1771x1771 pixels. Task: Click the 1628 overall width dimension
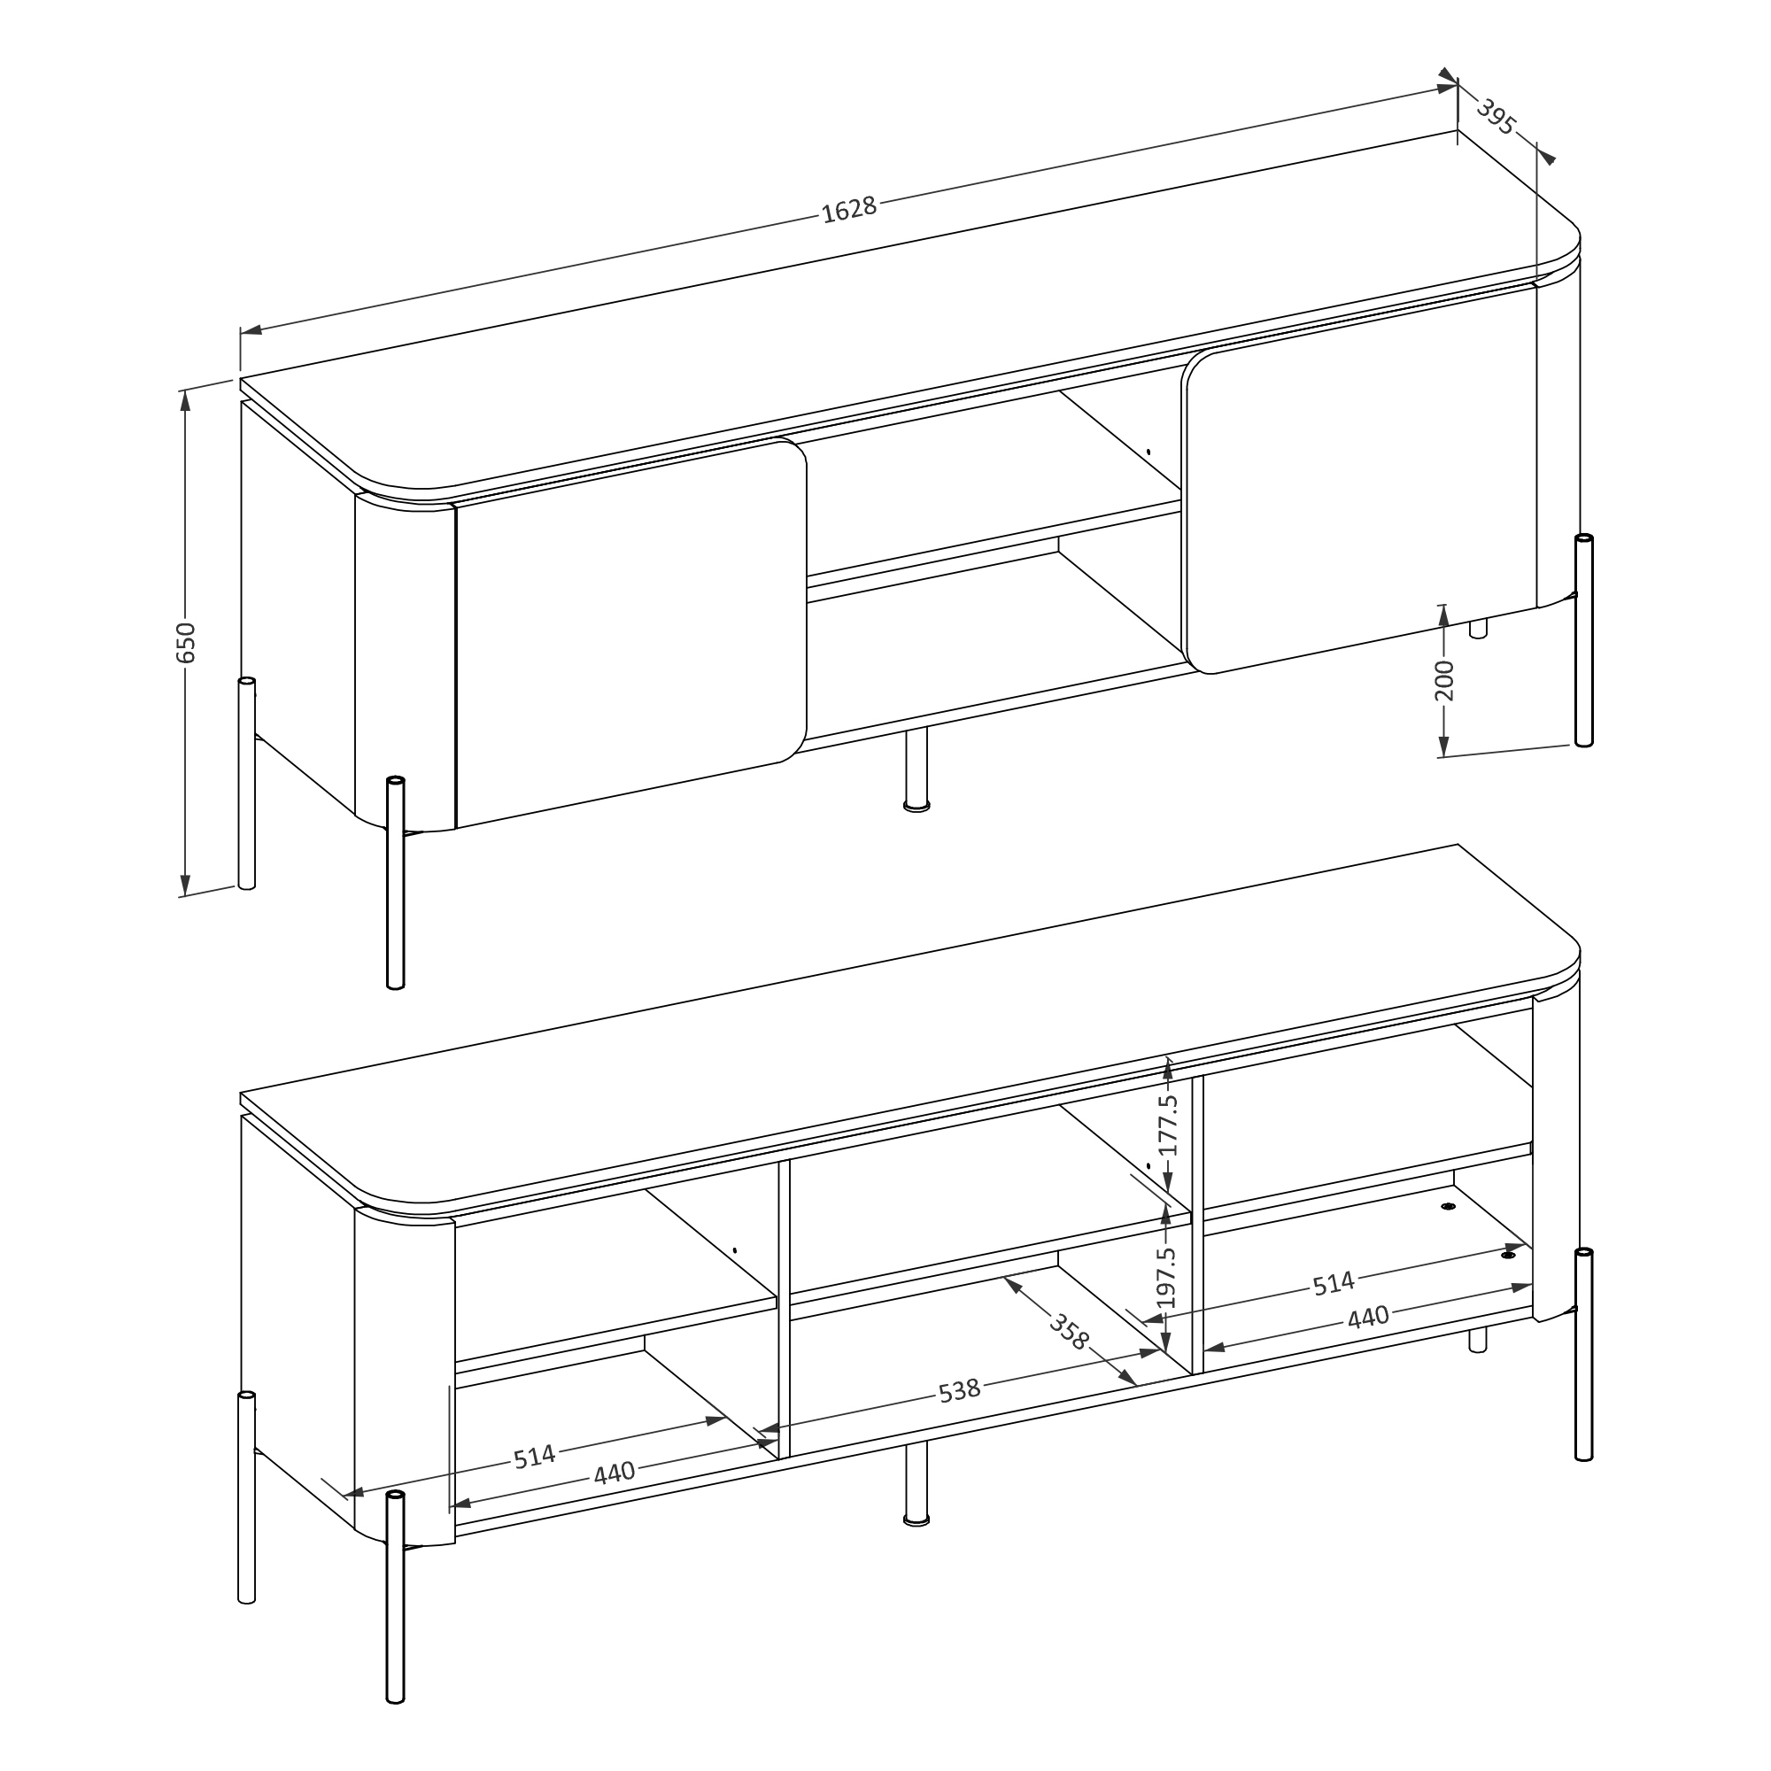pos(849,210)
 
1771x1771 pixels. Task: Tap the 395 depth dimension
pos(1496,119)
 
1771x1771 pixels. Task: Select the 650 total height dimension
pos(186,642)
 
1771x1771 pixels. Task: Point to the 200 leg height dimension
pos(1443,680)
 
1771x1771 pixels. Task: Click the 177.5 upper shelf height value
pos(1167,1125)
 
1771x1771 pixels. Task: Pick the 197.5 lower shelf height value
pos(1165,1278)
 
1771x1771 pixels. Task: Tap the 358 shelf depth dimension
pos(1069,1332)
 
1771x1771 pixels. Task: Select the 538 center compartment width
pos(960,1390)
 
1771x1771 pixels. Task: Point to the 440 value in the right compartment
pos(1368,1318)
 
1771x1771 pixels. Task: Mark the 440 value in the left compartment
pos(615,1473)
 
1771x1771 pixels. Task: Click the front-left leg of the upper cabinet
pos(396,883)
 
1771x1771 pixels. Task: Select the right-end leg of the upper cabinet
pos(1584,640)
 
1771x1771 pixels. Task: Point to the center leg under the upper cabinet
pos(916,770)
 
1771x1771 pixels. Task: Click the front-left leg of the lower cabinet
pos(396,1597)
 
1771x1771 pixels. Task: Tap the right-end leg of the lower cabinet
pos(1584,1355)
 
